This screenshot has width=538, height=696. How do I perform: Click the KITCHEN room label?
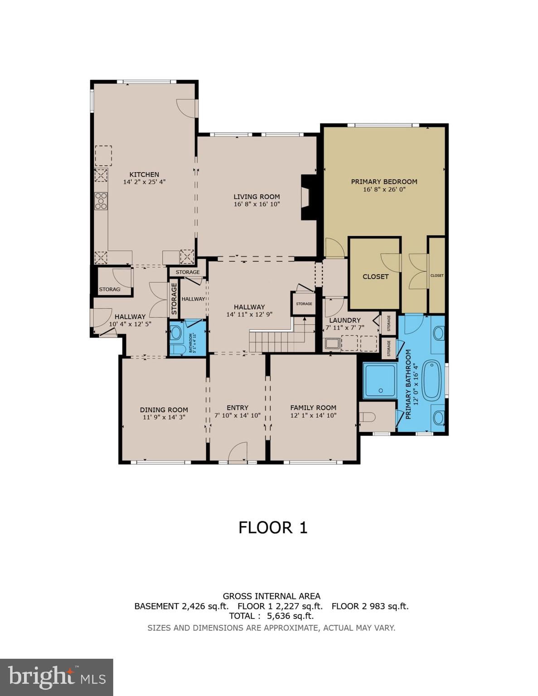[144, 174]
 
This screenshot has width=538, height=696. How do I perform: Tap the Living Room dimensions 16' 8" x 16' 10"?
[257, 204]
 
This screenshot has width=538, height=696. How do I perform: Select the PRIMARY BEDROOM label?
[384, 182]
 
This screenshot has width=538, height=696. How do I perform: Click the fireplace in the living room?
[308, 197]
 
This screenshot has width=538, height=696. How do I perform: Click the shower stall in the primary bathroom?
[380, 381]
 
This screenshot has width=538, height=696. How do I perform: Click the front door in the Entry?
[237, 454]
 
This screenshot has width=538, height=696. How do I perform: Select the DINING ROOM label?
[164, 410]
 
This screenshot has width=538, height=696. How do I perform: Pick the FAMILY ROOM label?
[313, 407]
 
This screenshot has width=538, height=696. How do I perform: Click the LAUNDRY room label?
[345, 320]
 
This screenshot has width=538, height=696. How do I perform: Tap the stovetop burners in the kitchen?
[101, 201]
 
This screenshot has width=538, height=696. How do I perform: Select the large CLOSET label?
[375, 276]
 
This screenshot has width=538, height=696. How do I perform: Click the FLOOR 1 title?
[273, 527]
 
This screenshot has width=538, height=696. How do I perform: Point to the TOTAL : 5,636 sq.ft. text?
[271, 616]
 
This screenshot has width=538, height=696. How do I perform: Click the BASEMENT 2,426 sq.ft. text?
[182, 606]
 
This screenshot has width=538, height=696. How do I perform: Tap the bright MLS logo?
[56, 677]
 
